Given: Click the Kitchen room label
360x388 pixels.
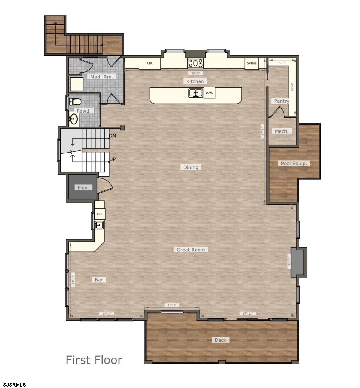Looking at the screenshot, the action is click(x=195, y=81).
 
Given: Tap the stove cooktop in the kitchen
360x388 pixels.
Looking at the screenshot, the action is click(x=196, y=63).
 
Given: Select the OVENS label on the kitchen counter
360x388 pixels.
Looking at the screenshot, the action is click(x=252, y=64).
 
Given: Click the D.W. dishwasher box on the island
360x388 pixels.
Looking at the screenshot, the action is click(x=209, y=93).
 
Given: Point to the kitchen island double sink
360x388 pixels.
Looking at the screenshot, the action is click(x=196, y=93).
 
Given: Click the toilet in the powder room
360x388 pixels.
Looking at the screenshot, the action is click(x=75, y=102).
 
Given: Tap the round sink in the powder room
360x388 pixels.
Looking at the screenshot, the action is click(x=74, y=119).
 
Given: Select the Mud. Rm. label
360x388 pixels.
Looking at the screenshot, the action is click(x=101, y=77).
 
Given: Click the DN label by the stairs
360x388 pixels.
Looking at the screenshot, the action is click(x=112, y=136).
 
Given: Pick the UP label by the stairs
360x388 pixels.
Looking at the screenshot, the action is click(x=112, y=159).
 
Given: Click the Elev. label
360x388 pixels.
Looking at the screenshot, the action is click(x=83, y=188).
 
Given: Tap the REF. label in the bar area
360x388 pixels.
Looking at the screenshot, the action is click(x=100, y=214).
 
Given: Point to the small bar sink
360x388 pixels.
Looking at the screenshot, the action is click(x=99, y=225).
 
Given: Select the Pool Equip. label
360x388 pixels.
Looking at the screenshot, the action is click(x=294, y=163).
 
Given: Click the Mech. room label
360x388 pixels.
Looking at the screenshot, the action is click(x=281, y=131).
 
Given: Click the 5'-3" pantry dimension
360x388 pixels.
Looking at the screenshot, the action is click(x=282, y=63).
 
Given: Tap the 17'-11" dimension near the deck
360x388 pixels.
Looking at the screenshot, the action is click(x=248, y=314).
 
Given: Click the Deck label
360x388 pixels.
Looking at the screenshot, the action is click(x=220, y=340).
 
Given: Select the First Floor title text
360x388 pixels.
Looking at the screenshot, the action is click(x=94, y=360).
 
